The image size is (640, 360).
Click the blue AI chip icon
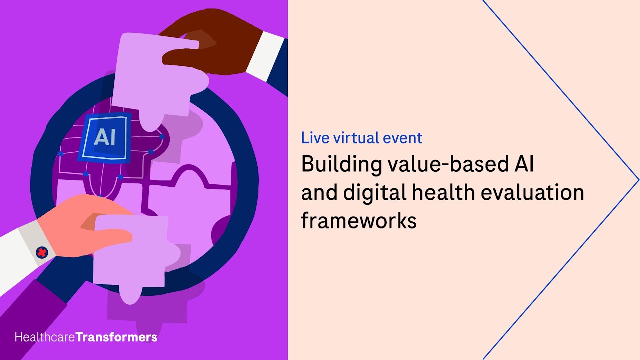click(104, 137)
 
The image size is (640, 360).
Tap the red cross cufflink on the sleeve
click(42, 253)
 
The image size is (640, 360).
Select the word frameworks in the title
click(358, 220)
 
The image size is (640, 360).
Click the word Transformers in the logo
click(116, 337)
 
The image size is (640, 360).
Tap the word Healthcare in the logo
click(45, 337)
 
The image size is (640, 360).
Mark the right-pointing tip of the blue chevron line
click(638, 180)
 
